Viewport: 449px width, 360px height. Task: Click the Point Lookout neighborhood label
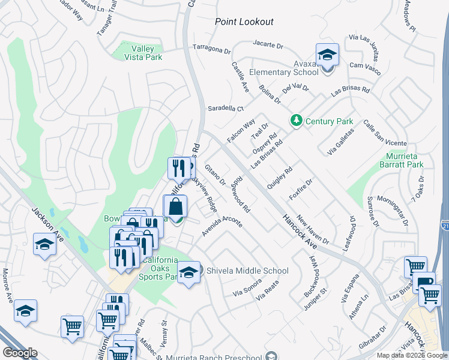click(x=244, y=22)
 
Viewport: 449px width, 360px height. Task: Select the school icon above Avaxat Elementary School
click(x=327, y=55)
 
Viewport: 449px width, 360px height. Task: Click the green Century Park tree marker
click(x=296, y=121)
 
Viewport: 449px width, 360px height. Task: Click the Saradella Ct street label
click(x=226, y=109)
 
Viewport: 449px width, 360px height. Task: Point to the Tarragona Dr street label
click(x=211, y=48)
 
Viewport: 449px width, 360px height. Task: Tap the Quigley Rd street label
click(x=279, y=178)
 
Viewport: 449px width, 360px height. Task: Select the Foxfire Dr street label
click(x=301, y=190)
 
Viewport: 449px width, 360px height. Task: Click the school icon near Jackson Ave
click(x=44, y=245)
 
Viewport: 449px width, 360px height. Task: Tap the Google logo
click(x=20, y=353)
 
